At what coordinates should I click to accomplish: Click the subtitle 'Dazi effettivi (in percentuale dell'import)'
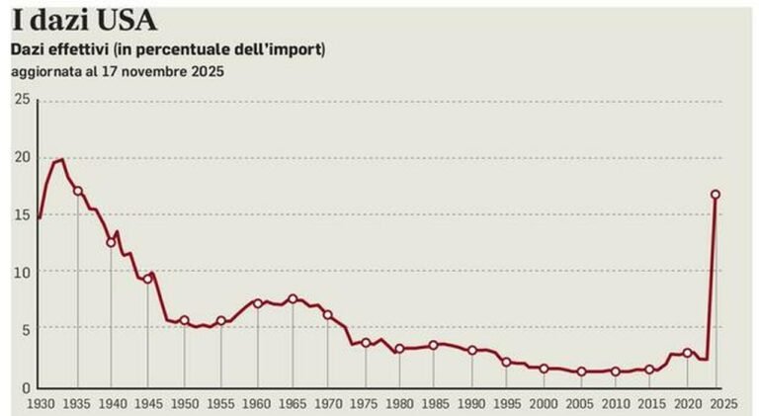(167, 49)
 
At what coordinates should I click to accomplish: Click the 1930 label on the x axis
(42, 404)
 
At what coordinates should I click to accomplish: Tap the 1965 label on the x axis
(293, 404)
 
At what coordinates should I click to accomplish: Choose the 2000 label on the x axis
(544, 404)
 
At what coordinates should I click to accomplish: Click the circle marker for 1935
(77, 191)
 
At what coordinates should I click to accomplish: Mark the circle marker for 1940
(112, 242)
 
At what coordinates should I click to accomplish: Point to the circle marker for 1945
(148, 279)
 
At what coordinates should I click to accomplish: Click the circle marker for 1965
(293, 298)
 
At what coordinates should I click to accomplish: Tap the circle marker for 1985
(433, 345)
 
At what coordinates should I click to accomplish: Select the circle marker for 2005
(581, 372)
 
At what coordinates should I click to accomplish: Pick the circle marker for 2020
(687, 353)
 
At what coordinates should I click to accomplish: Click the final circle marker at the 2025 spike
(716, 195)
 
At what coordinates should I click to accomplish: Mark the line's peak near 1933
(62, 160)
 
